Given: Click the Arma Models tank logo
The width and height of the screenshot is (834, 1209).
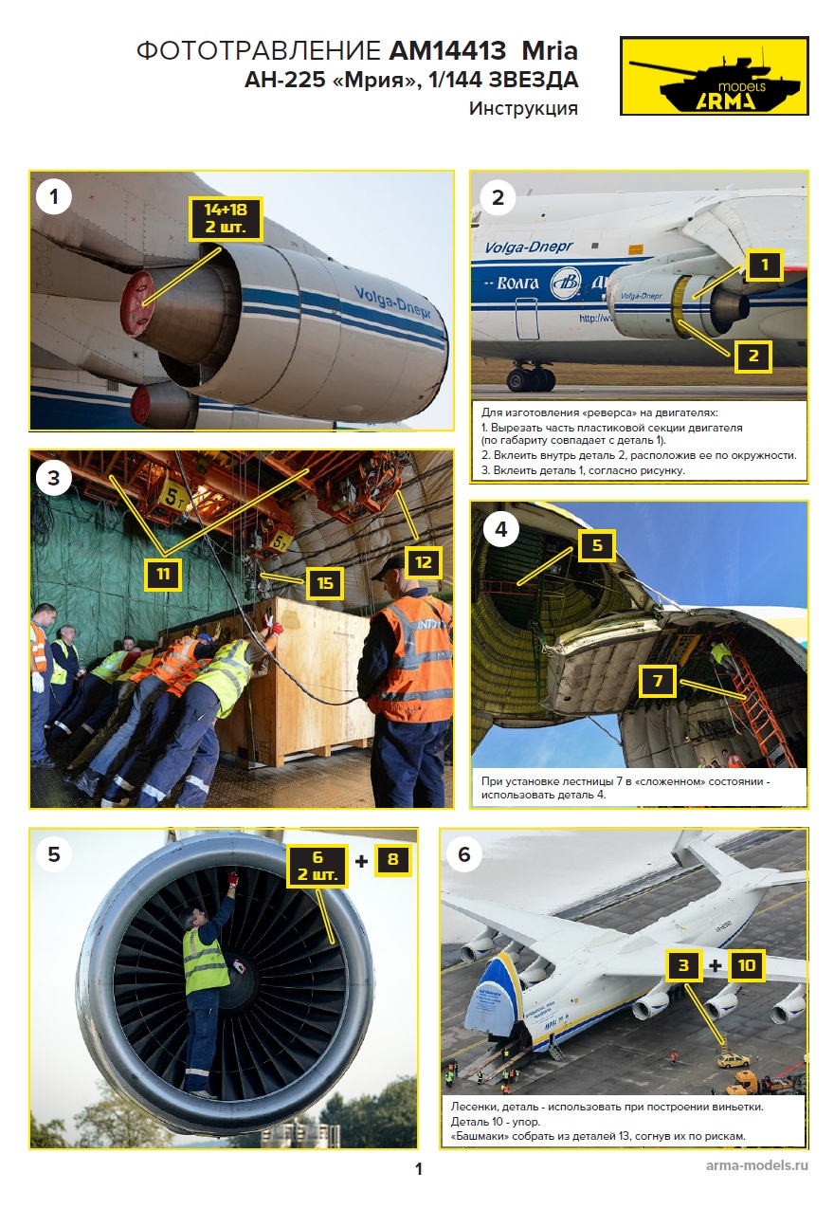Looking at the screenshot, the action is point(714,76).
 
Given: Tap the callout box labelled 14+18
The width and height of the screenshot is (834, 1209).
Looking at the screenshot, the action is point(226,219).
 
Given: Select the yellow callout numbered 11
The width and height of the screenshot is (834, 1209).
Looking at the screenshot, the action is point(163,574).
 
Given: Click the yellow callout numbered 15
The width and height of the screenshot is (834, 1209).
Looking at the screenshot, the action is point(325,583).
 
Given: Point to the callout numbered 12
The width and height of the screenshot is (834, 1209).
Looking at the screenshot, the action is point(423,563).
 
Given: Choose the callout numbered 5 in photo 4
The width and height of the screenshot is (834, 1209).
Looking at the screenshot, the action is point(597,545).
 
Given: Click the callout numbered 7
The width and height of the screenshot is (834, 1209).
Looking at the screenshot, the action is point(658,681).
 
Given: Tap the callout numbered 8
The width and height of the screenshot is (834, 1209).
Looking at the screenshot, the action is point(392,859).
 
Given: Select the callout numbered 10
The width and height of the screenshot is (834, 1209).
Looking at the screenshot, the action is point(747,965).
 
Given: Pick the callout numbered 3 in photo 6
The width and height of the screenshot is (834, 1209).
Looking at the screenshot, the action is point(683,965).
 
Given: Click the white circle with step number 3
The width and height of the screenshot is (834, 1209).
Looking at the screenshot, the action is point(53,478).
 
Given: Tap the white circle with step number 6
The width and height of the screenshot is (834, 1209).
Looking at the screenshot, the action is point(464,854).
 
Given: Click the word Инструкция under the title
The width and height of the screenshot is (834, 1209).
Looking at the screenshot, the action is point(523,108).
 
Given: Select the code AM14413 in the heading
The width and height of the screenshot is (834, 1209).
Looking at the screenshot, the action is point(447,51).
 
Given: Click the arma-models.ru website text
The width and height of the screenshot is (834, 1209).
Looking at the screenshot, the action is point(757,1164).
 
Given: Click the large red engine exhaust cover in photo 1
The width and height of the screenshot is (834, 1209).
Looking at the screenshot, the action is point(138,303).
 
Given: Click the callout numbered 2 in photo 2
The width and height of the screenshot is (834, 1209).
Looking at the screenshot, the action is point(753,356).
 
